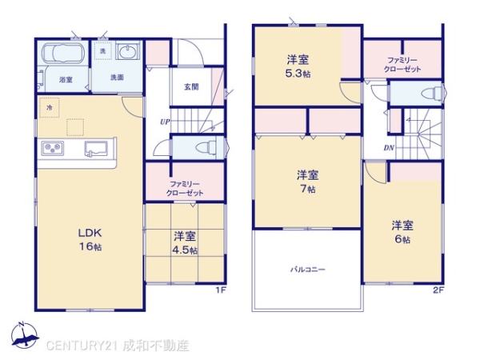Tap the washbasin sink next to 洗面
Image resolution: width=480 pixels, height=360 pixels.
pyautogui.click(x=128, y=53)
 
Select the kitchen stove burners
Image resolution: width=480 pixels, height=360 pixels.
pyautogui.click(x=54, y=149)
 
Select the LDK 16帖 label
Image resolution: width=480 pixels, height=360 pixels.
pyautogui.click(x=90, y=240)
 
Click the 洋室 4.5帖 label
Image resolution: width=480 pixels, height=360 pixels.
pyautogui.click(x=186, y=242)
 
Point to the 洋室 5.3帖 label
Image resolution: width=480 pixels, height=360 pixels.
pyautogui.click(x=298, y=66)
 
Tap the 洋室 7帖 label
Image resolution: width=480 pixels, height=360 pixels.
pyautogui.click(x=307, y=182)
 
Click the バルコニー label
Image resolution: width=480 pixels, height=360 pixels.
pyautogui.click(x=307, y=270)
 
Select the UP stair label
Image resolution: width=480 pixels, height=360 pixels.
pyautogui.click(x=163, y=122)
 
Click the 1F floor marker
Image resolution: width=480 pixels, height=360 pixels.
pyautogui.click(x=220, y=290)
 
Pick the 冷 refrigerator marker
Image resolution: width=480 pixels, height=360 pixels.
pyautogui.click(x=49, y=106)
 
